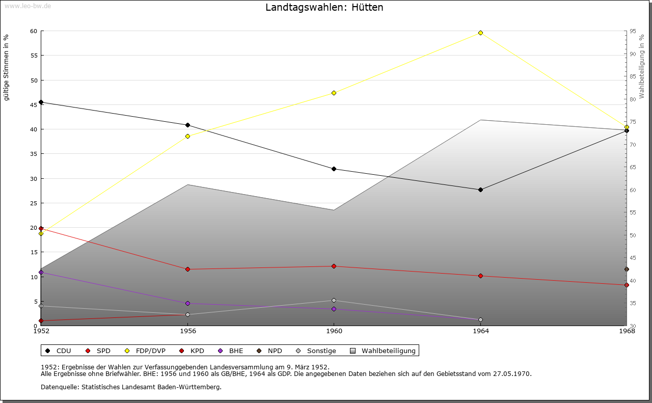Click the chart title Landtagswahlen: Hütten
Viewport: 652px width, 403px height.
click(324, 8)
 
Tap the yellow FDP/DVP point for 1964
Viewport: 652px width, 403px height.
click(480, 33)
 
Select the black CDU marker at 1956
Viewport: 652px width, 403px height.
click(187, 125)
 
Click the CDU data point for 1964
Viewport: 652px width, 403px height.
click(480, 190)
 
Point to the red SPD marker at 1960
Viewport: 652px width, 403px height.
click(334, 266)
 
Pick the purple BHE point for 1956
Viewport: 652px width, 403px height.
click(187, 304)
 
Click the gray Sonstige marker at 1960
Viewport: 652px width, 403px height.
click(334, 301)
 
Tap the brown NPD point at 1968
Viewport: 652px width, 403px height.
click(627, 270)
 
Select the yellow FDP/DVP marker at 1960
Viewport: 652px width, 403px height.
click(334, 93)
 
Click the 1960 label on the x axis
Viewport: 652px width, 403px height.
click(334, 331)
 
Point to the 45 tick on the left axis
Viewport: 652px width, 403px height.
click(34, 104)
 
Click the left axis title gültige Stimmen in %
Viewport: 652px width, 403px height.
click(7, 67)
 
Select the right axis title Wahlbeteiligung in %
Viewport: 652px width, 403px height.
click(642, 66)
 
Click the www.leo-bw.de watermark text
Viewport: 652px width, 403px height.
click(27, 6)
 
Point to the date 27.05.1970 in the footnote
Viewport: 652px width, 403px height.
click(511, 374)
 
